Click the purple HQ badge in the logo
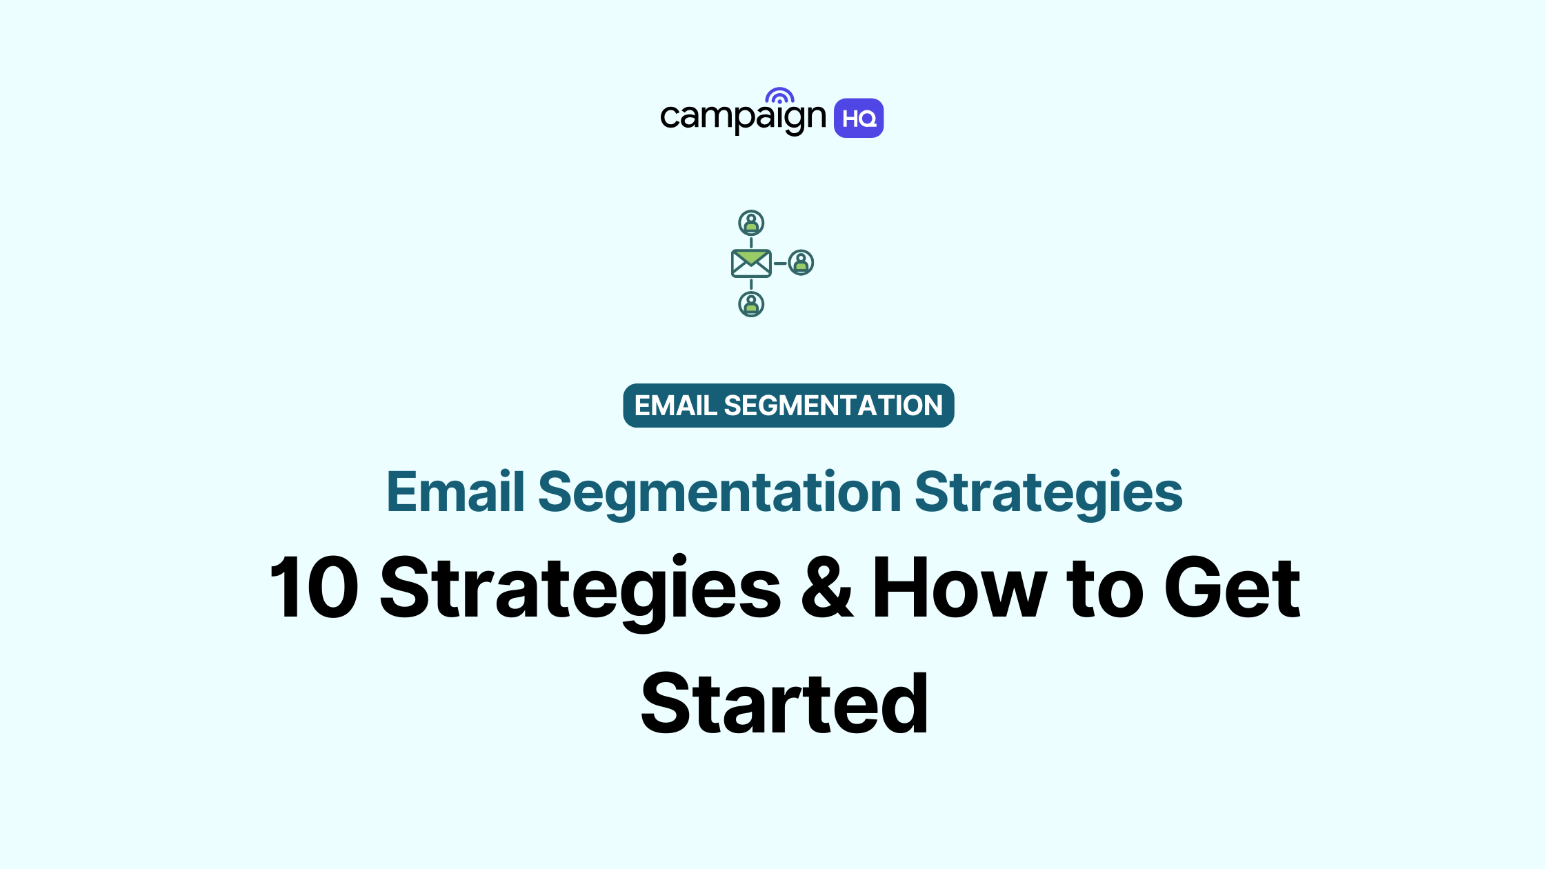point(859,119)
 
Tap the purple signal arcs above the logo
point(779,96)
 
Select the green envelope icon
point(751,263)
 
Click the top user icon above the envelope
point(751,223)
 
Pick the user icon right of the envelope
point(801,263)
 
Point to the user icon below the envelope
point(751,304)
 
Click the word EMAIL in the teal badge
point(675,406)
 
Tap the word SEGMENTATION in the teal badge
point(833,406)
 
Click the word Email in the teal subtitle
point(455,492)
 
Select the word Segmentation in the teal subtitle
point(719,492)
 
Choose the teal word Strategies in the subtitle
point(1048,492)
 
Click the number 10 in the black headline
point(315,588)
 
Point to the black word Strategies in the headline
point(580,588)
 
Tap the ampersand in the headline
point(827,588)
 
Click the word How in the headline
point(959,588)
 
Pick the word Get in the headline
point(1232,588)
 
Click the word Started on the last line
point(784,704)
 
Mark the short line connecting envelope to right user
point(780,263)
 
